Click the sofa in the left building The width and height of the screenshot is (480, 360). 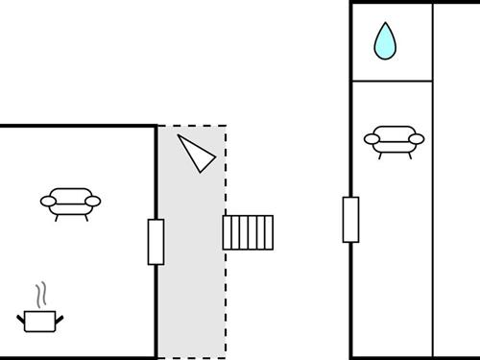[x=70, y=203]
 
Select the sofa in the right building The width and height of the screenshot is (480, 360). [x=394, y=140]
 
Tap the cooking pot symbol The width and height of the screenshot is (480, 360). [x=40, y=321]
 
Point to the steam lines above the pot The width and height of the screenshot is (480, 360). [x=40, y=294]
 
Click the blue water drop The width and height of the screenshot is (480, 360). [x=385, y=41]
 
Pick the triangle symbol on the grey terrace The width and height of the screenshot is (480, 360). [x=196, y=153]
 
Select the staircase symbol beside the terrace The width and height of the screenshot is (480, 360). [x=248, y=232]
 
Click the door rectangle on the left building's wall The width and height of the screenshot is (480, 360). [x=156, y=242]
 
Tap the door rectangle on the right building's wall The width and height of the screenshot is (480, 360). [x=350, y=219]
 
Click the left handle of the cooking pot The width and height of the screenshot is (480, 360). [x=21, y=318]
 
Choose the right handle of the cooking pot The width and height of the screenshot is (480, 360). [x=60, y=318]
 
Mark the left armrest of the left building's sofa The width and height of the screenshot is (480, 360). [x=47, y=201]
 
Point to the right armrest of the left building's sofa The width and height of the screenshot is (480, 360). [x=93, y=201]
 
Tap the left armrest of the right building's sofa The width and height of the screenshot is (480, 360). [x=371, y=139]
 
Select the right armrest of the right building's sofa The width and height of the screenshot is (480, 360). [x=417, y=139]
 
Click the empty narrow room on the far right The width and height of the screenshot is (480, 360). [x=456, y=192]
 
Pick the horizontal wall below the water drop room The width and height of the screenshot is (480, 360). [x=392, y=82]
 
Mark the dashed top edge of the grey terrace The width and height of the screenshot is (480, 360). [x=192, y=126]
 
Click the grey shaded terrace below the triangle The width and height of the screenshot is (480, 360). [x=192, y=288]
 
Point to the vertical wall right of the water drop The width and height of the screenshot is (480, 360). [x=433, y=41]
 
